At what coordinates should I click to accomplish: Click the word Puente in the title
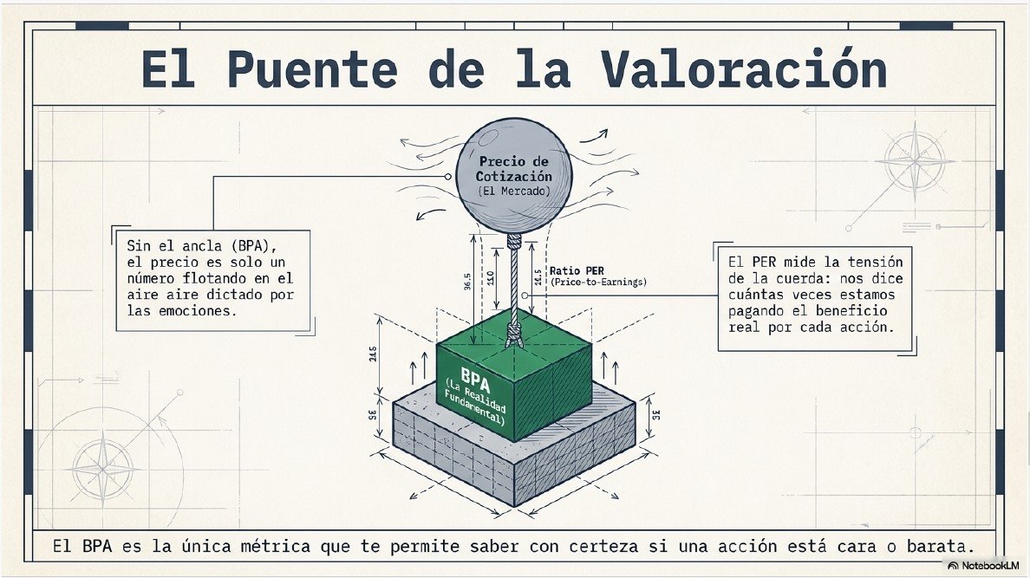pos(312,69)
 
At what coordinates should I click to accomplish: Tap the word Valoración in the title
pos(743,68)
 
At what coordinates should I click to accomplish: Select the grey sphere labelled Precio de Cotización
pos(513,176)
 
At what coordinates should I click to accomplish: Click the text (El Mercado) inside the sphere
pos(513,192)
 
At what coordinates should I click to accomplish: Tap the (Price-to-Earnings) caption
pos(598,282)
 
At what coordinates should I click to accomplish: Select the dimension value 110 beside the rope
pos(490,278)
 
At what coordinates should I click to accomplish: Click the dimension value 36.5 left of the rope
pos(467,282)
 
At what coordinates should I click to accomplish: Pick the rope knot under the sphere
pos(513,241)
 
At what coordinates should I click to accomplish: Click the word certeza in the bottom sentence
pos(603,546)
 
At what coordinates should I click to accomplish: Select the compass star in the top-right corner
pos(915,161)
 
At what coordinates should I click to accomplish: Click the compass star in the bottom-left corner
pos(103,469)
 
